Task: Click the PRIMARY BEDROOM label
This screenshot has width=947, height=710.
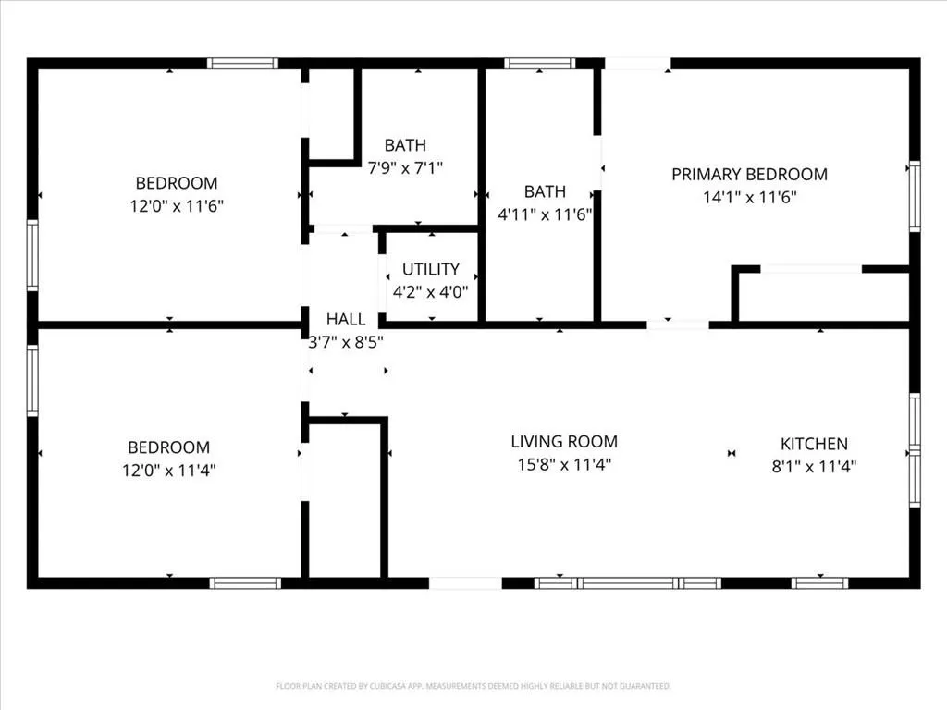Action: coord(749,175)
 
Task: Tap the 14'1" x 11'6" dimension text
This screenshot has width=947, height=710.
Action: coord(749,198)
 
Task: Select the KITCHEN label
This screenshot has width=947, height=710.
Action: coord(814,445)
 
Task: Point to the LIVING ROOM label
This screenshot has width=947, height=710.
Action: coord(564,442)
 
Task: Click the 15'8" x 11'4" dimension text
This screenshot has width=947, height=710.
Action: coord(564,465)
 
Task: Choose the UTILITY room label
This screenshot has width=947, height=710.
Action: coord(431,269)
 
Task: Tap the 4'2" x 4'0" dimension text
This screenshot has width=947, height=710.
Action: coord(431,292)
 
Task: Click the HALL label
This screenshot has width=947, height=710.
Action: coord(346,319)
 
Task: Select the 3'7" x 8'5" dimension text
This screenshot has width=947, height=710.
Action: coord(346,342)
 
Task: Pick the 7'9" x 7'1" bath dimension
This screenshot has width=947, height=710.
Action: coord(405,168)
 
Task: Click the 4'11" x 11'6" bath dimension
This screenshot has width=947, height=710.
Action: coord(545,214)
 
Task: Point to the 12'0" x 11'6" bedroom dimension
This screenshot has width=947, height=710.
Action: coord(177,206)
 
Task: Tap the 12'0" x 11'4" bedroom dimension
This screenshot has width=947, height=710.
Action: coord(169,471)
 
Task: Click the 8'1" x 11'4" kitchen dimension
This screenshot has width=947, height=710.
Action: coord(814,467)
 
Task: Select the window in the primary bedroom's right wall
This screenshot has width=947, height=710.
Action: coord(915,196)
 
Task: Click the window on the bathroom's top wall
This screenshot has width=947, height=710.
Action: coord(540,64)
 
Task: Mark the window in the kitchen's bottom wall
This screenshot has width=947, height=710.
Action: coord(819,583)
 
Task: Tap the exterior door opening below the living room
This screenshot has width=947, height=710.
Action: coord(465,583)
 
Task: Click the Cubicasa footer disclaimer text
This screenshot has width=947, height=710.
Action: coord(473,686)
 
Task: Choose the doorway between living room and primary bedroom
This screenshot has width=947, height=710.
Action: coord(678,325)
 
